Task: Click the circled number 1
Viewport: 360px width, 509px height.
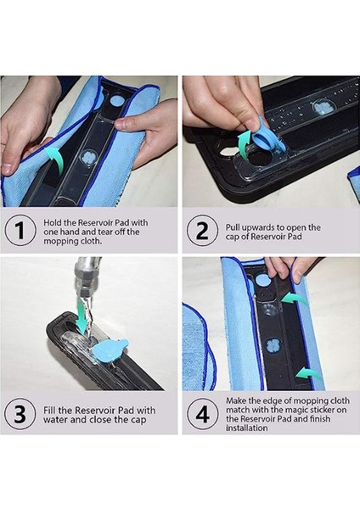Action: coord(20,230)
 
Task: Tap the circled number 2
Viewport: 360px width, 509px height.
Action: coord(202,230)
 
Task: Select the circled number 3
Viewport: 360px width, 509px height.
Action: coord(20,414)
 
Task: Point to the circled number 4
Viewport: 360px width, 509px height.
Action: coord(202,414)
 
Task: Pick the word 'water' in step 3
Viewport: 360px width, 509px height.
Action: coord(56,419)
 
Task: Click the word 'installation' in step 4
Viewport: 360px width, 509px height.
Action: coord(246,428)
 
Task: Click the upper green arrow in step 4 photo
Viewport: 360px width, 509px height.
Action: coord(294,299)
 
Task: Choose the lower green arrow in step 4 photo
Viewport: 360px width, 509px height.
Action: coord(309,373)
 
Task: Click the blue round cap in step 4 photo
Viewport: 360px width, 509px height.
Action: coord(262,279)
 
